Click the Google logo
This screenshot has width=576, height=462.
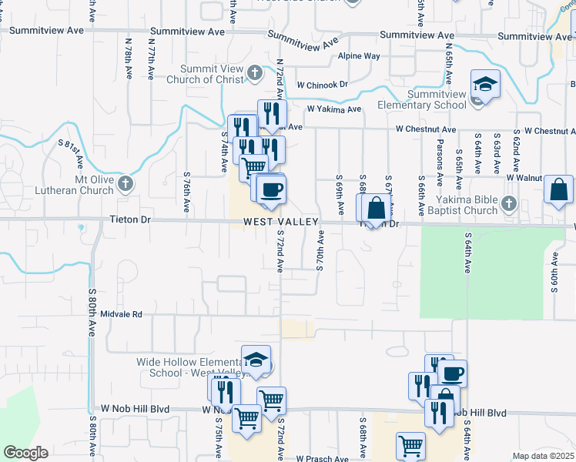(25, 453)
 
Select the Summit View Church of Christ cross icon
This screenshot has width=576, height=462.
(255, 74)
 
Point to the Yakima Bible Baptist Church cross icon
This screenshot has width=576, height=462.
(507, 203)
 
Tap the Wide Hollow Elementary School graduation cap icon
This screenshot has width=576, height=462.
(256, 360)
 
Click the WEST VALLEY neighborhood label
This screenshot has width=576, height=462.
(280, 222)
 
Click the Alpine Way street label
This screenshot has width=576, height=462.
(361, 56)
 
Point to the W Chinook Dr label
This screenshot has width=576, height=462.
(322, 84)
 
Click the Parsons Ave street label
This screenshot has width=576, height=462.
(440, 168)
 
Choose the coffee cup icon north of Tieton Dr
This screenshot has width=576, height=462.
(270, 189)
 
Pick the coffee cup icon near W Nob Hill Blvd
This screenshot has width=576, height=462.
(453, 373)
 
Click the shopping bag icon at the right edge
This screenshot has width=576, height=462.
(558, 189)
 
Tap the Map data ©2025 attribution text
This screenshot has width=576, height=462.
(543, 456)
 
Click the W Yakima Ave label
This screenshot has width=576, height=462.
(333, 109)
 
